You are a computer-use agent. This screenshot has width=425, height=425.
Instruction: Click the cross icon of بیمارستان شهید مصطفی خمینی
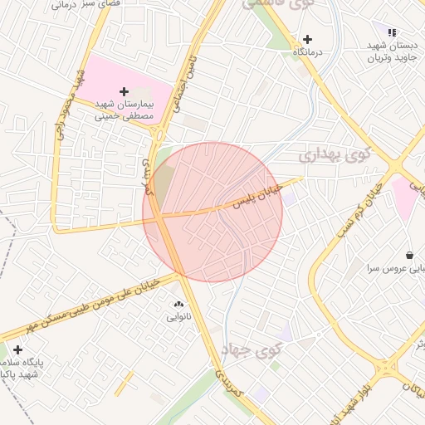point(125,90)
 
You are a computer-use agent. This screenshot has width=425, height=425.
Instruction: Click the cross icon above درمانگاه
point(307,39)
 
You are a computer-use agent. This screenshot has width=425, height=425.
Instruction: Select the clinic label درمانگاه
point(307,51)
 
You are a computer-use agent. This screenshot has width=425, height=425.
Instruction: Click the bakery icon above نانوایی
point(178,304)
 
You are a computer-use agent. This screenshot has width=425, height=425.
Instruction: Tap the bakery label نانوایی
point(178,316)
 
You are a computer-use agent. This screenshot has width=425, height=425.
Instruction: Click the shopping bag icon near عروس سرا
point(410,255)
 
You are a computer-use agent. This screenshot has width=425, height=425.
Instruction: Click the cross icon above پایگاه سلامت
point(17,349)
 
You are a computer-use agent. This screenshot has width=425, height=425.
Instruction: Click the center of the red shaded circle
point(212,212)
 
